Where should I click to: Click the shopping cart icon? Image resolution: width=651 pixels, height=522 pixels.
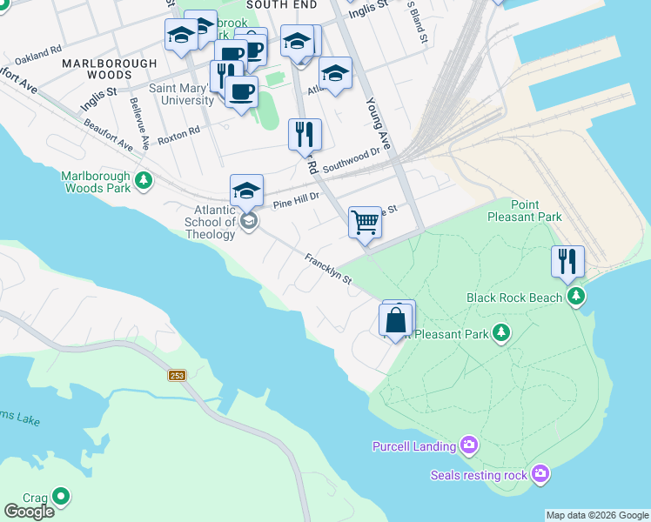[366, 222]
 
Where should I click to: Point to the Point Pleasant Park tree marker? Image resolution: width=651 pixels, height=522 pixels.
[500, 333]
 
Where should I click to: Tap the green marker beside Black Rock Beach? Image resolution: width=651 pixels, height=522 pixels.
[575, 298]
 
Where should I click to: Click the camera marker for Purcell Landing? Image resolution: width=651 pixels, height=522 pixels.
[469, 446]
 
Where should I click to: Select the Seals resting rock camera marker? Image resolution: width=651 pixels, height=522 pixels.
[540, 474]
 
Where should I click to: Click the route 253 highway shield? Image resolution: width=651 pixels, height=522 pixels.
[178, 375]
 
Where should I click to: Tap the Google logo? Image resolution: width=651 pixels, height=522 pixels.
[29, 512]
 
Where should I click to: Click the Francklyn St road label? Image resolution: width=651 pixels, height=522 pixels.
[327, 269]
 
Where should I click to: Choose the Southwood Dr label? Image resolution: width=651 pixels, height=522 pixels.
[352, 159]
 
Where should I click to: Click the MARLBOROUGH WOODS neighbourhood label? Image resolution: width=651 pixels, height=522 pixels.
[109, 70]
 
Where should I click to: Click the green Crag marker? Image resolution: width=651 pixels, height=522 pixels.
[60, 497]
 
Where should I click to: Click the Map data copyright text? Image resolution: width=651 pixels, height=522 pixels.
[597, 515]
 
